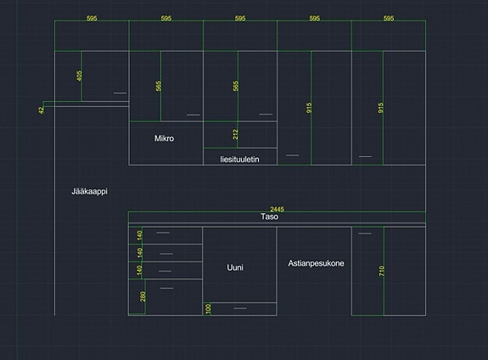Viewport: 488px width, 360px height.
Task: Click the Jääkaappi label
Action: pos(90,191)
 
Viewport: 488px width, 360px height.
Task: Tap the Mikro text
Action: pos(164,138)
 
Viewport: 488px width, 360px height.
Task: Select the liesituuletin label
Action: pos(239,159)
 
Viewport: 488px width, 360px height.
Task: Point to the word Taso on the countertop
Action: pos(270,217)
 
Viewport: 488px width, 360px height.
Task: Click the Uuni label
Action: pos(235,267)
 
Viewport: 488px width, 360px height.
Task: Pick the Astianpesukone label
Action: pos(316,263)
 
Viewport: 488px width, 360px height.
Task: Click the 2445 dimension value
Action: pos(277,209)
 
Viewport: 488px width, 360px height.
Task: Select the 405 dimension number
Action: pos(79,76)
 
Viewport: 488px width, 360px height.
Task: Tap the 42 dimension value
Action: pos(41,110)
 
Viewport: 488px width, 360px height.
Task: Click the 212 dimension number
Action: pos(235,134)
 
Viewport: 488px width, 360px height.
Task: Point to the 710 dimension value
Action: pos(382,271)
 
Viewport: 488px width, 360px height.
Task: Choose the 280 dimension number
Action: pos(143,296)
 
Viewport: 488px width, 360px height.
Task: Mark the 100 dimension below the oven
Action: pos(208,308)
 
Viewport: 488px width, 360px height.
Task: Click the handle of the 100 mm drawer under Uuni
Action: pos(240,308)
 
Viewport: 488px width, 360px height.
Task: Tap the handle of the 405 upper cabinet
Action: pos(121,93)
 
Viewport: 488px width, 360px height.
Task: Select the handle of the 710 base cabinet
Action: pos(365,233)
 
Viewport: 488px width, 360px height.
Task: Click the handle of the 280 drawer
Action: pos(167,288)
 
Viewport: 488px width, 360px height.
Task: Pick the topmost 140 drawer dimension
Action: pos(139,235)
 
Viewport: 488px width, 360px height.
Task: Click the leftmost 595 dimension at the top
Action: pos(92,18)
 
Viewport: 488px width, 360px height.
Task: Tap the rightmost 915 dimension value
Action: pos(380,108)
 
